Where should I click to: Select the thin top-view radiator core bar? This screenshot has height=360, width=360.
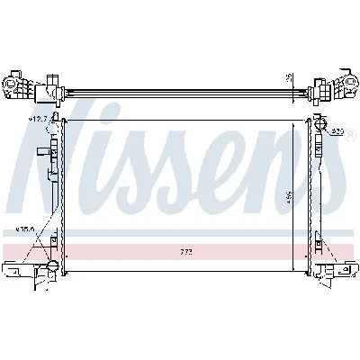180,90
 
